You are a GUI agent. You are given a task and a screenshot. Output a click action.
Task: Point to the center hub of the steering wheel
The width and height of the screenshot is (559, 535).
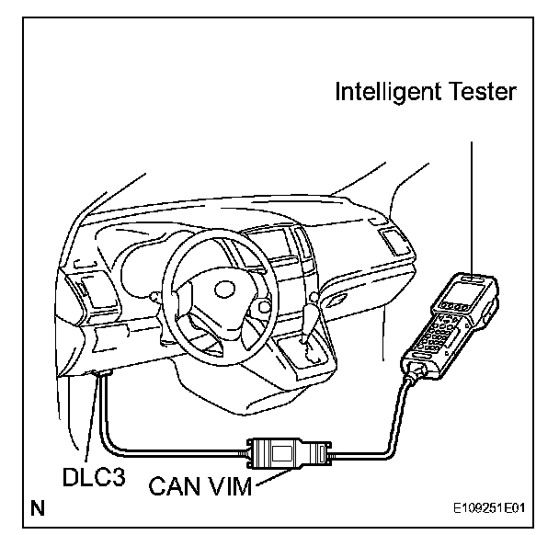225,293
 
